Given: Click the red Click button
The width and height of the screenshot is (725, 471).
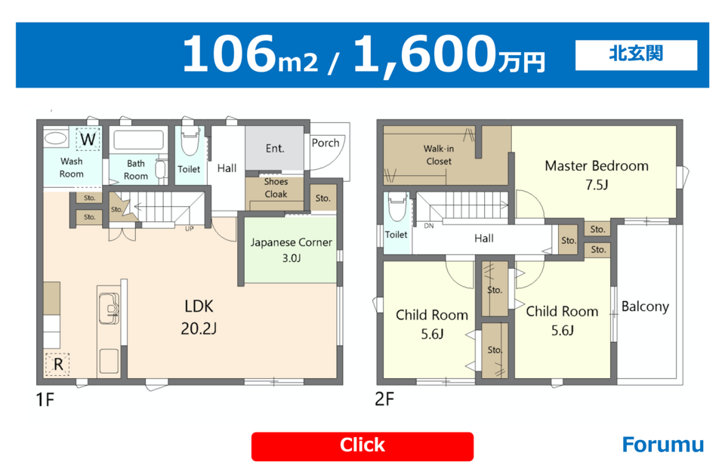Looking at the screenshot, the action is (x=362, y=446).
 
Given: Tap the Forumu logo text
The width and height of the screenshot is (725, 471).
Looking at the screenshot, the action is (x=662, y=445).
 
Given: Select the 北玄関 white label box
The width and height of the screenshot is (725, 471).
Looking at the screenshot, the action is (x=636, y=55).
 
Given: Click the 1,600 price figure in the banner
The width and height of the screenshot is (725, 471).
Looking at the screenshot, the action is (x=424, y=54).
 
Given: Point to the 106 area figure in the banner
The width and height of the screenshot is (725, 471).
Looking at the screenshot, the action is (x=230, y=54).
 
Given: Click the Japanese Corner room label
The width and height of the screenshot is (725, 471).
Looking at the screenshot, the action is (x=292, y=242).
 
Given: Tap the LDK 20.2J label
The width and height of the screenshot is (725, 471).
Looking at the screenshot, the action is (x=199, y=317).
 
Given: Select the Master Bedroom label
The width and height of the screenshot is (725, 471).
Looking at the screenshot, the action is (x=597, y=166).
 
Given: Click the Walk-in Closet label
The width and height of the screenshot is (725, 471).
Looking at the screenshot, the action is (x=438, y=155).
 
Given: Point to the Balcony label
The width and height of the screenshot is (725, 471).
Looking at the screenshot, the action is (x=645, y=306).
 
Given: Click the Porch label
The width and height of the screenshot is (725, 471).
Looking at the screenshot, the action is (x=325, y=143).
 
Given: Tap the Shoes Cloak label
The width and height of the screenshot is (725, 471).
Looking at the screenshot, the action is (x=276, y=188).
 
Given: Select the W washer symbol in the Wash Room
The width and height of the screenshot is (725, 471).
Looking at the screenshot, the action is (x=88, y=139).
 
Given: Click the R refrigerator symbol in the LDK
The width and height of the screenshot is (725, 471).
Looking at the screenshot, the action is (x=58, y=365).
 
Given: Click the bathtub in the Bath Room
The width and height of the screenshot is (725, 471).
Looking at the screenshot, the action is (x=139, y=140).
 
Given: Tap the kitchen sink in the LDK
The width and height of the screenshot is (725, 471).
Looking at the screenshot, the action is (x=109, y=308).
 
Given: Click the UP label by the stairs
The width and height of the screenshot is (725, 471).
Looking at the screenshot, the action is (x=189, y=229).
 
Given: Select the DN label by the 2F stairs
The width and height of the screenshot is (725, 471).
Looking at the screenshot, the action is (x=429, y=226).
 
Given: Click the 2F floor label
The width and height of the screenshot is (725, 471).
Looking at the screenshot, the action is (x=384, y=399).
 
